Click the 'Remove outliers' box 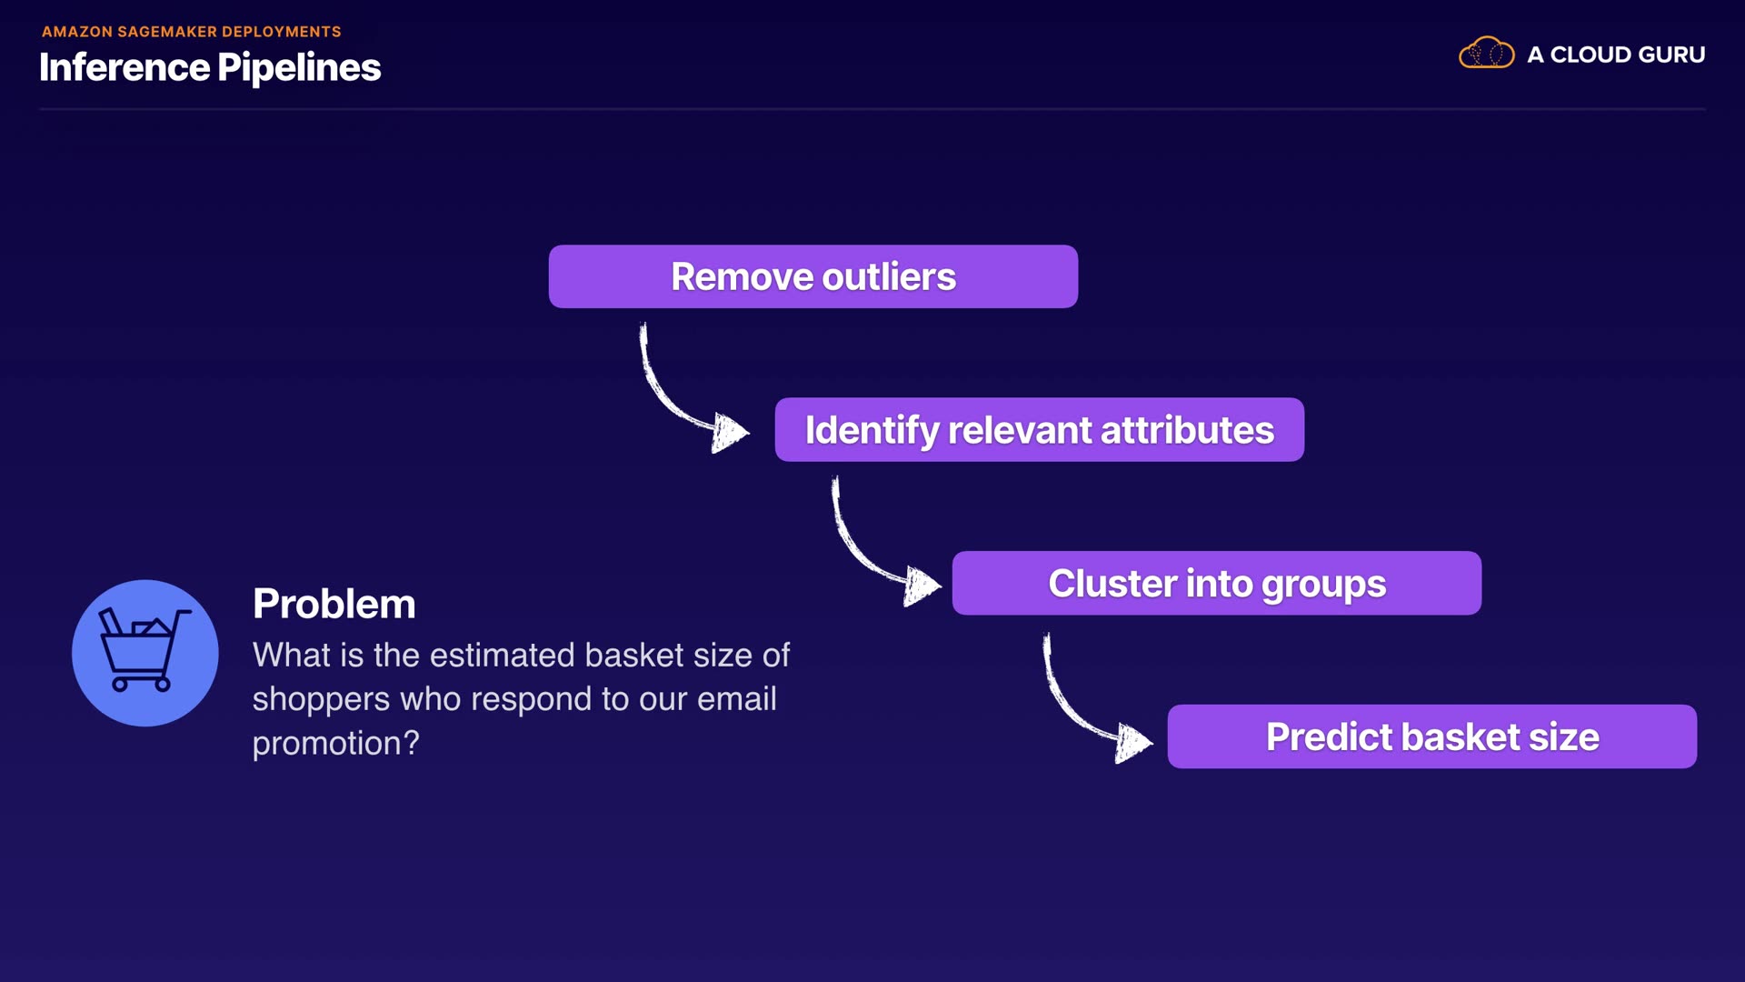[x=813, y=276]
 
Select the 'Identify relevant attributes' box [x=1040, y=429]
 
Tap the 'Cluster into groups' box [x=1217, y=583]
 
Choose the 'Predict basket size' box [x=1432, y=736]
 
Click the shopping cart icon [x=145, y=653]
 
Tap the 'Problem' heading [x=334, y=604]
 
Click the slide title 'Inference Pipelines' [x=210, y=67]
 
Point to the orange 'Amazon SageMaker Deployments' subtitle [x=192, y=32]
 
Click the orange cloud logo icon [x=1487, y=53]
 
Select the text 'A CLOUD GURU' [x=1616, y=55]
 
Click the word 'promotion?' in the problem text [x=336, y=744]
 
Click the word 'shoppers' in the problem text [x=322, y=700]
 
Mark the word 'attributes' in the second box [x=1187, y=430]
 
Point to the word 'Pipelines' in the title [x=300, y=68]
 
